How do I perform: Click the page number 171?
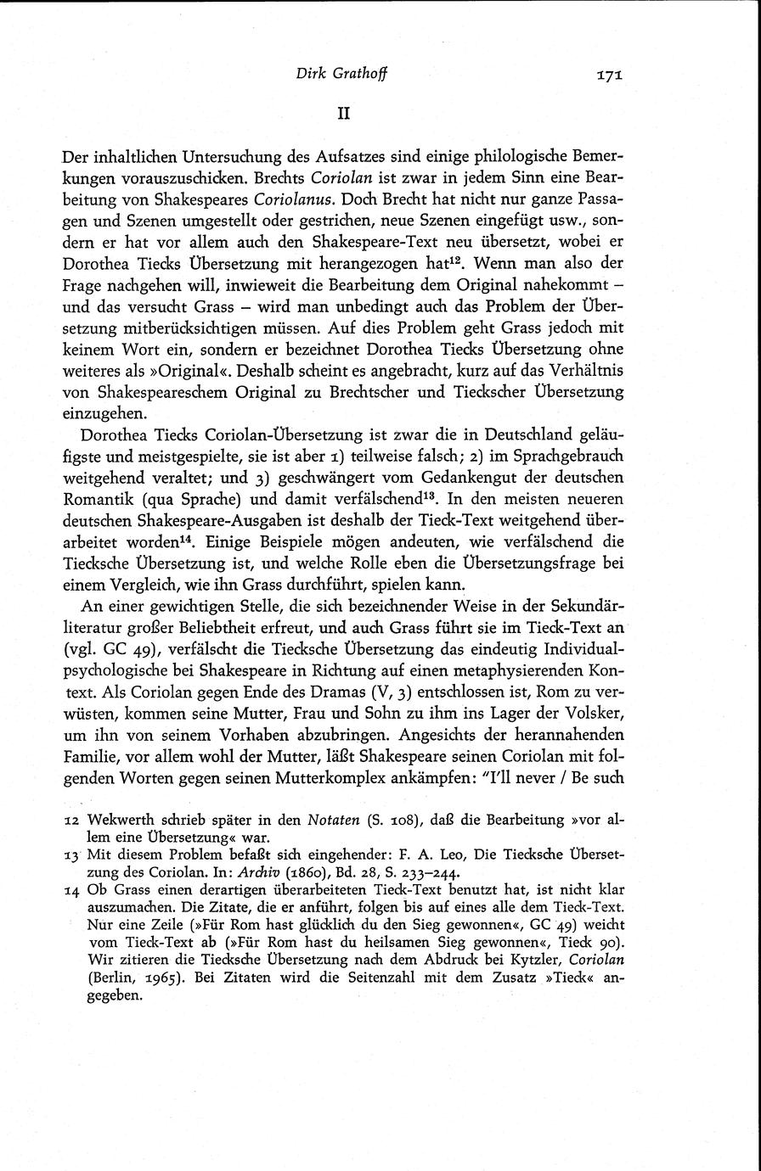pos(610,75)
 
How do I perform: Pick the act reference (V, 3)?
pos(430,710)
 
